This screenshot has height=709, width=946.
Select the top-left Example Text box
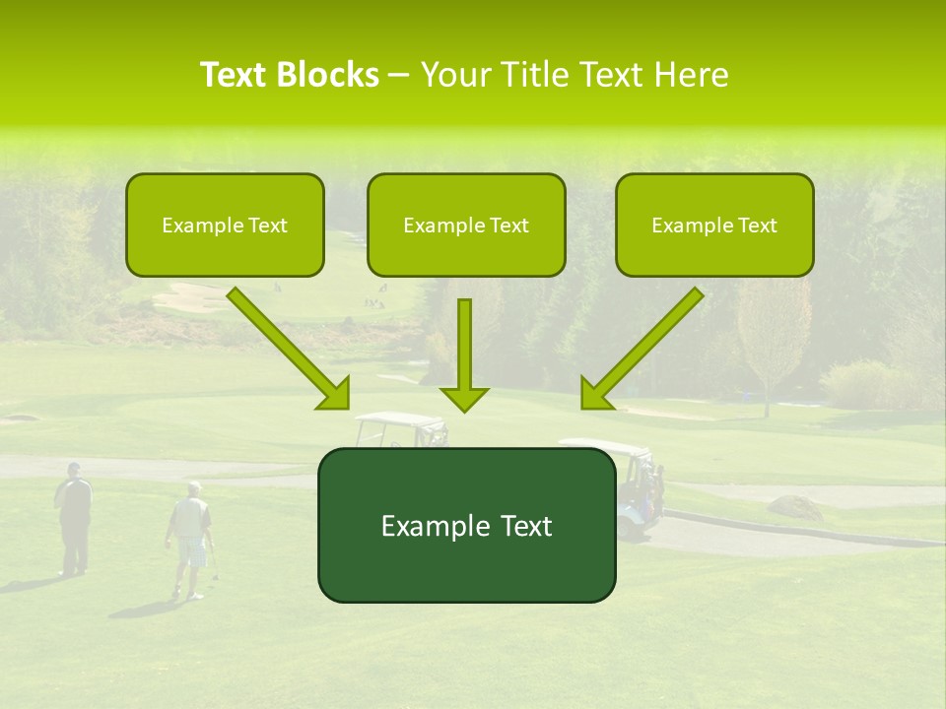pos(225,225)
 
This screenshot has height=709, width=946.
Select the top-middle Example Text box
pos(466,225)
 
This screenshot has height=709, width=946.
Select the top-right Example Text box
pos(714,225)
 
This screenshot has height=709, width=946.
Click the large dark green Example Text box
pos(466,525)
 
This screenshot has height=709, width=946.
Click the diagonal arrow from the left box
pos(288,348)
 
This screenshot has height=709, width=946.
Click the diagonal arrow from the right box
pos(642,348)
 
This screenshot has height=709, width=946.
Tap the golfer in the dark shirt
pos(74,517)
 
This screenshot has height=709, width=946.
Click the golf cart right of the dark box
pos(641,483)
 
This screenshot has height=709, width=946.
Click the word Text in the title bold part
pos(236,75)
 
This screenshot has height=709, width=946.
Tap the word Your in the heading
pos(455,75)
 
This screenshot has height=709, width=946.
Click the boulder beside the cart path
pos(794,507)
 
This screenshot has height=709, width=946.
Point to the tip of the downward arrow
pos(464,410)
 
